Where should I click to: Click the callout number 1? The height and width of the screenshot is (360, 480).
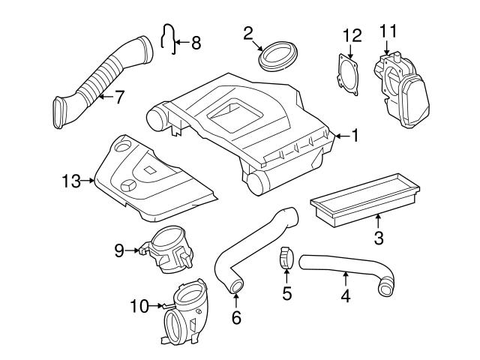click(355, 136)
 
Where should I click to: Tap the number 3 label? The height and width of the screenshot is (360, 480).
click(379, 238)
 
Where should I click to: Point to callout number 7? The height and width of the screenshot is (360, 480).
click(118, 97)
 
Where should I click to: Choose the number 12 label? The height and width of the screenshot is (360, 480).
click(352, 35)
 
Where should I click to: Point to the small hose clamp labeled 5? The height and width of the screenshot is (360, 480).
click(286, 259)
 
